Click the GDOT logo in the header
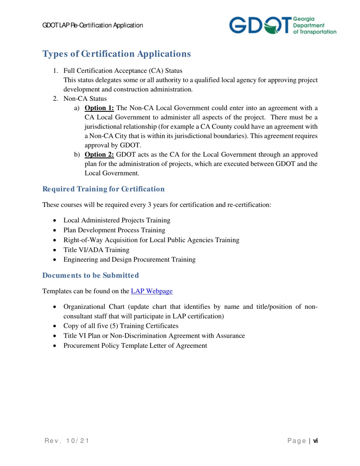coord(282,26)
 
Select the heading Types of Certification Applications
coord(117,54)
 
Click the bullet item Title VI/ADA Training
coord(96,250)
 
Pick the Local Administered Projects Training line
coord(117,220)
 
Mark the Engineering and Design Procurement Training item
coord(130,260)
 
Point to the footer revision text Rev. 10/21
coord(65,441)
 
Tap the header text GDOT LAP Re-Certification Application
coord(92,26)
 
